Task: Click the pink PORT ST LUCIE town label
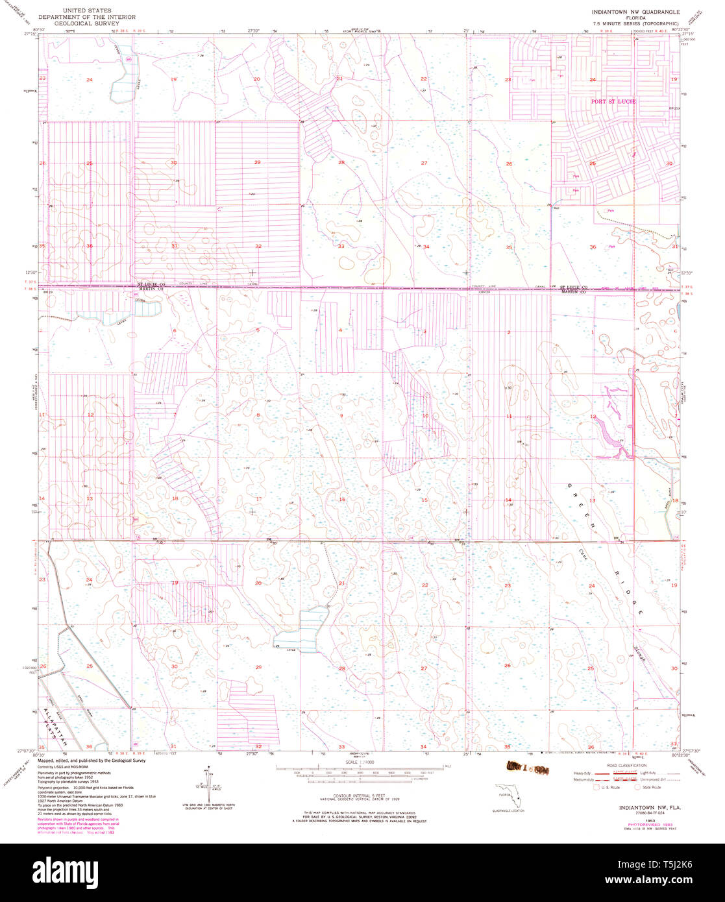pyautogui.click(x=613, y=102)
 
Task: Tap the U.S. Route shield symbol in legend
pyautogui.click(x=597, y=786)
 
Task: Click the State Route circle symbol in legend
pyautogui.click(x=637, y=786)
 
